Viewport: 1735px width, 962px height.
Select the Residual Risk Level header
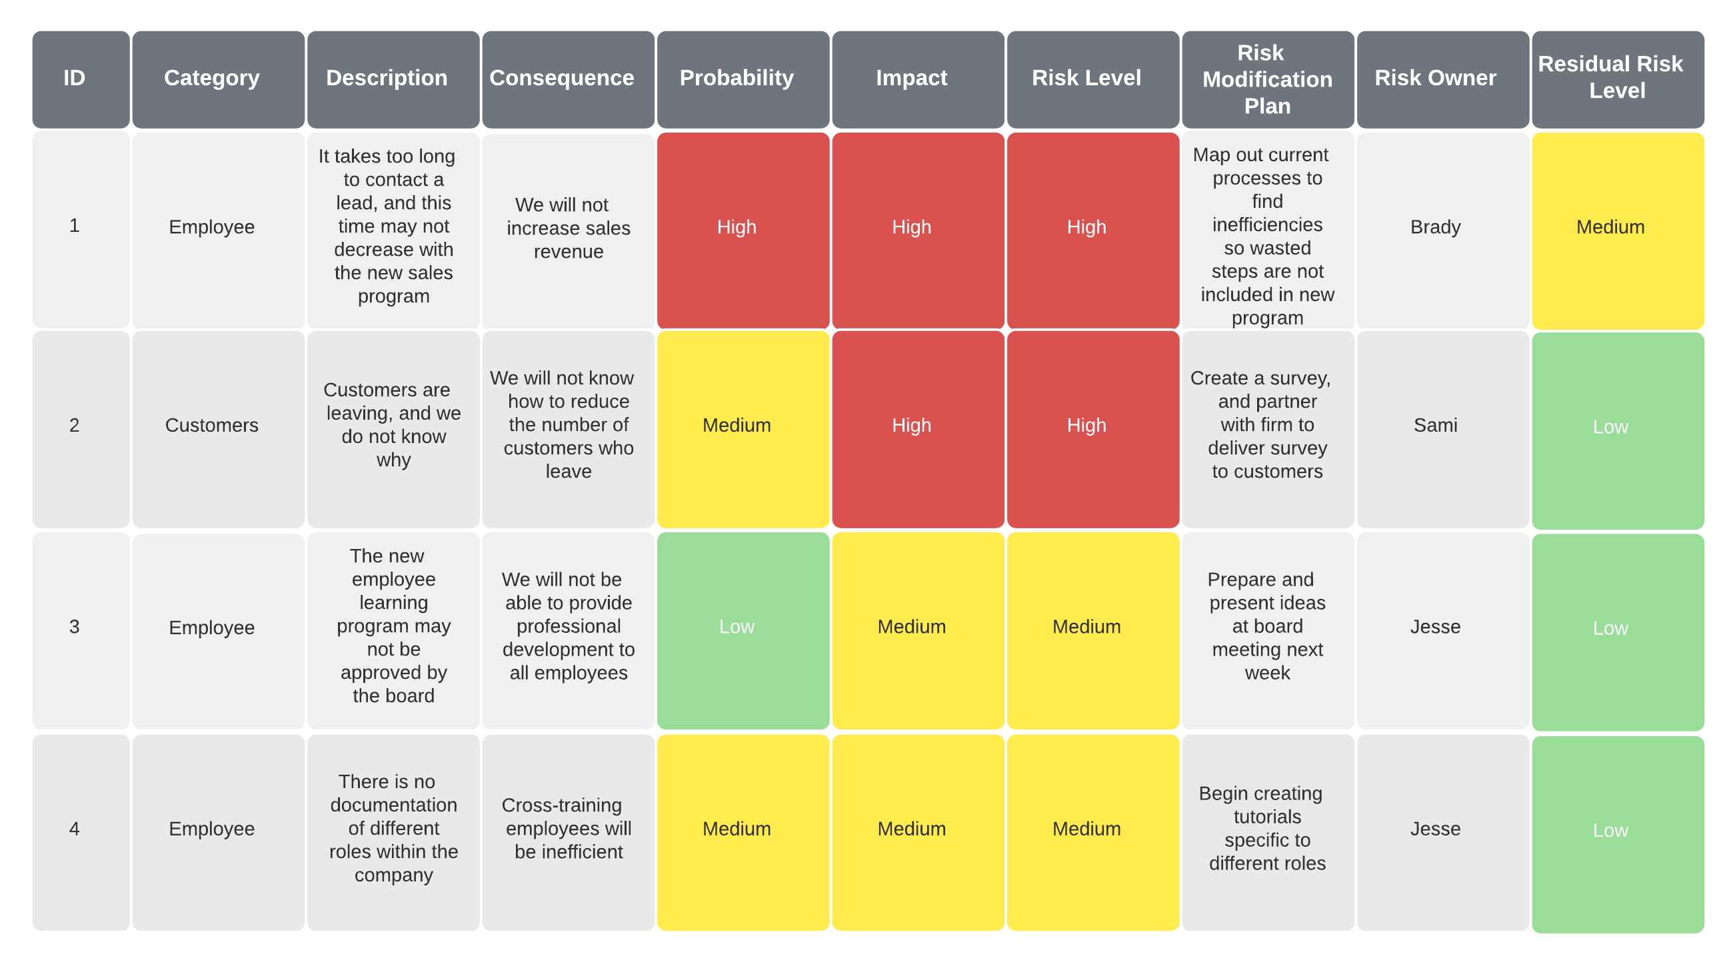click(1617, 77)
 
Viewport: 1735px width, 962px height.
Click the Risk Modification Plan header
click(1267, 79)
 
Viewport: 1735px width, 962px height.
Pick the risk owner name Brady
click(1435, 227)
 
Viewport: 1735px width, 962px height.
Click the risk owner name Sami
click(1435, 426)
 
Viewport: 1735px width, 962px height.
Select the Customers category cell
click(212, 426)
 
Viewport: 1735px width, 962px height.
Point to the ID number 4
click(75, 829)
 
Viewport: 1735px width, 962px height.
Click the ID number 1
click(75, 227)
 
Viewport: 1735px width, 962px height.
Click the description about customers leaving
click(393, 425)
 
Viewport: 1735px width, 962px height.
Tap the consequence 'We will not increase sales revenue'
click(568, 229)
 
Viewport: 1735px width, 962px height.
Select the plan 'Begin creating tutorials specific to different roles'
click(1267, 829)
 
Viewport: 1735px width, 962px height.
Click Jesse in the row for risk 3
click(1435, 628)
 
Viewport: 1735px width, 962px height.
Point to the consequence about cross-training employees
click(568, 829)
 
